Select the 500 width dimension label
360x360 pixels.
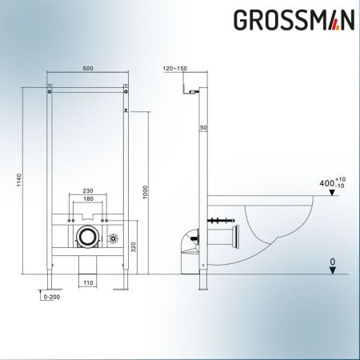(87, 69)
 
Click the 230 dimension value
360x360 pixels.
(87, 191)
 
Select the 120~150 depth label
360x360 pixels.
(174, 70)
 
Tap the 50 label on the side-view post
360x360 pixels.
(204, 128)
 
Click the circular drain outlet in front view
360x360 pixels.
(88, 236)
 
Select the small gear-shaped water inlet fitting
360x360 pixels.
(114, 238)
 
